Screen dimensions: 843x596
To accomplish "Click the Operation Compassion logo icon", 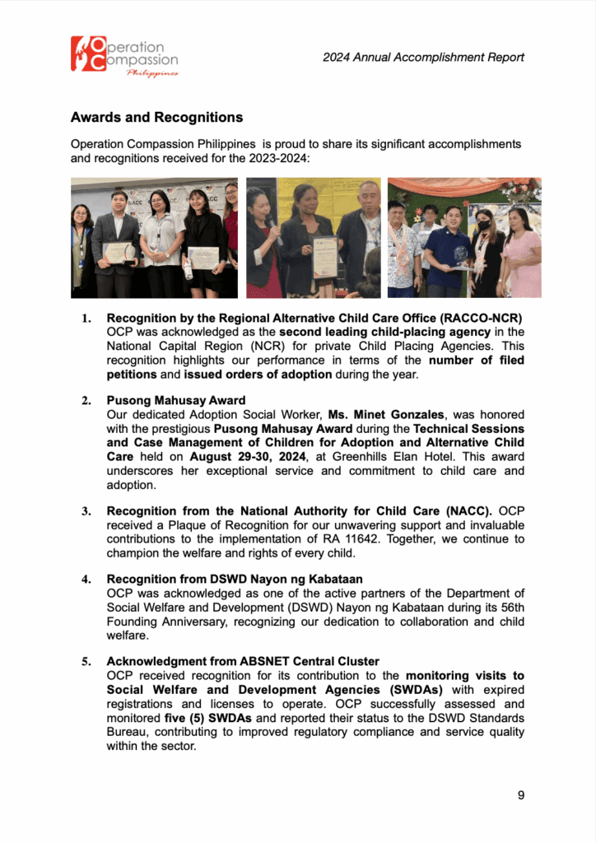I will point(87,55).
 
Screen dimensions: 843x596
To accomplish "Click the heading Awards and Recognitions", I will point(156,118).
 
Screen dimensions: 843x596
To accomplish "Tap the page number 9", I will point(521,794).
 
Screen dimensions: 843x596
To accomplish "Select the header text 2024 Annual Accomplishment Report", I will point(423,57).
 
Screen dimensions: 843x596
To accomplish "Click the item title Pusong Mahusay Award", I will point(175,401).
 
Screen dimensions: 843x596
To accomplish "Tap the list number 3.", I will point(86,511).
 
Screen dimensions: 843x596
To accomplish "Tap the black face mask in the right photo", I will point(484,225).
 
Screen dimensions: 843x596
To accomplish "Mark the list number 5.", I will point(86,662).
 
